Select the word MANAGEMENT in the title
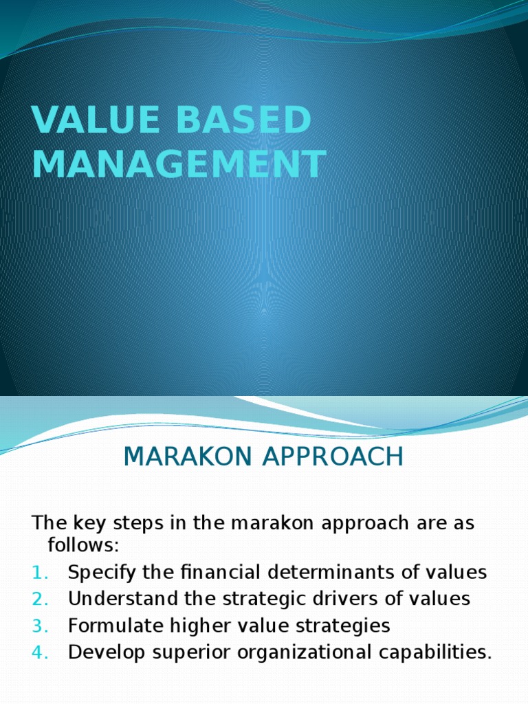179,165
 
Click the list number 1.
40,573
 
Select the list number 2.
40,599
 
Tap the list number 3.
40,626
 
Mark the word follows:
83,546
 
